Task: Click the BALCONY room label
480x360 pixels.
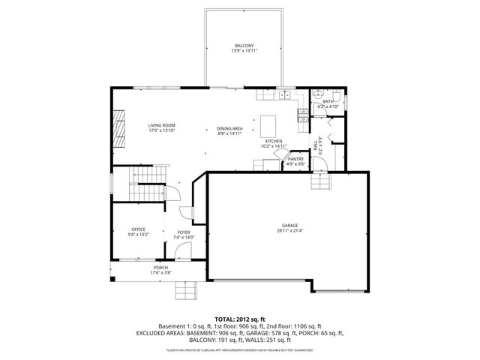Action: pyautogui.click(x=244, y=46)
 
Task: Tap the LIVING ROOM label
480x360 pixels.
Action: pyautogui.click(x=161, y=125)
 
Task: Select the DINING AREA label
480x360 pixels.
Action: pyautogui.click(x=230, y=129)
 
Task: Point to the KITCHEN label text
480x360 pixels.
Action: pyautogui.click(x=273, y=141)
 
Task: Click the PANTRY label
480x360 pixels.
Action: pyautogui.click(x=295, y=158)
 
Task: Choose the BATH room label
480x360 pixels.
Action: pyautogui.click(x=328, y=102)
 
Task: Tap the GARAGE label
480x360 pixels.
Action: pyautogui.click(x=290, y=226)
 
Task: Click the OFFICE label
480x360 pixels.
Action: pyautogui.click(x=138, y=229)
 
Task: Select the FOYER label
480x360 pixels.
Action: pyautogui.click(x=183, y=232)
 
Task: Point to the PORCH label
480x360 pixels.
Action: pyautogui.click(x=160, y=268)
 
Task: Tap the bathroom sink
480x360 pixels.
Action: pyautogui.click(x=319, y=95)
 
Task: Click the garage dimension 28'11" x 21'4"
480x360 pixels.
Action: pyautogui.click(x=290, y=231)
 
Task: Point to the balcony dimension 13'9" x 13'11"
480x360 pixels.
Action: pyautogui.click(x=244, y=51)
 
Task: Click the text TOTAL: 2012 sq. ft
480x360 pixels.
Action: pyautogui.click(x=240, y=319)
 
